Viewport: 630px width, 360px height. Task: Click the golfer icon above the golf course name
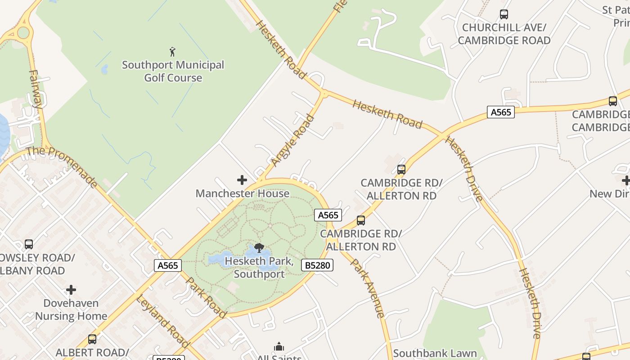(172, 52)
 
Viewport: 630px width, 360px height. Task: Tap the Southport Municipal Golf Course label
(173, 71)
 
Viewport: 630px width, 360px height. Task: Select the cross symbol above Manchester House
(242, 180)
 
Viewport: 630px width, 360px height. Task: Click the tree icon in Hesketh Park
(259, 247)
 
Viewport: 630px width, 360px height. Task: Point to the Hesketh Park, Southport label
(259, 267)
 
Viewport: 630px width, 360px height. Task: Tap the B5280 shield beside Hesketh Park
(318, 265)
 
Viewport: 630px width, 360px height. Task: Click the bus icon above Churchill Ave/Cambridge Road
(504, 14)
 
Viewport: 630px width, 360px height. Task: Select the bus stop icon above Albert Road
(92, 339)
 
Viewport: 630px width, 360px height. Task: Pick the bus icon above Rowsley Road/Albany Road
(29, 244)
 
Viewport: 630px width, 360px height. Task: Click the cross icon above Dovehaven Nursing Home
(71, 290)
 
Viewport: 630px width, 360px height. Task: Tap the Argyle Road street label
(292, 140)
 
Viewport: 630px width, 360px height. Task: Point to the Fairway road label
(35, 89)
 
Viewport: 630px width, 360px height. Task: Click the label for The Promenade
(62, 166)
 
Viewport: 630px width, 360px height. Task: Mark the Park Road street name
(206, 297)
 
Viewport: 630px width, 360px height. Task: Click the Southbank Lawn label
(435, 353)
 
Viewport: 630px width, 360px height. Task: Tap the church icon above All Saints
(279, 346)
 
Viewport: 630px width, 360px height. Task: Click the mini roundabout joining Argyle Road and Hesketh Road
(324, 94)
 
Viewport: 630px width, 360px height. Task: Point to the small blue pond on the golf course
(105, 69)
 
